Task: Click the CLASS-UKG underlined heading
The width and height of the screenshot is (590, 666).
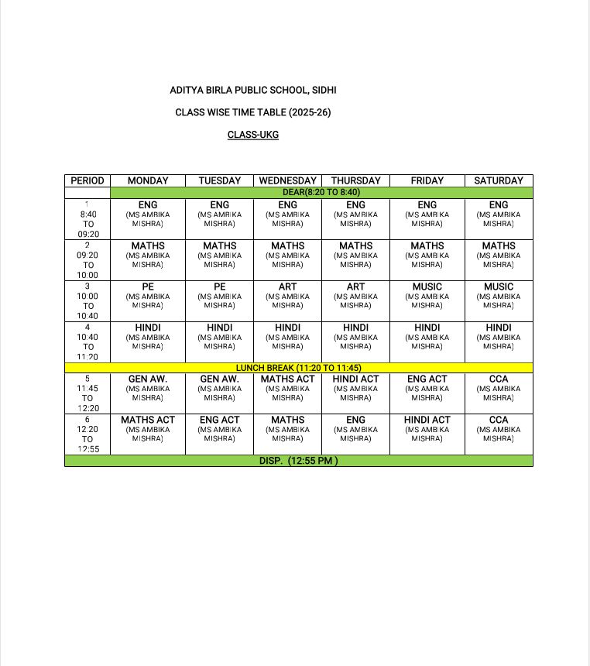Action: click(x=252, y=135)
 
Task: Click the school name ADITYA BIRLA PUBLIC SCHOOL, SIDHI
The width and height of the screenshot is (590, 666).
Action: click(x=252, y=91)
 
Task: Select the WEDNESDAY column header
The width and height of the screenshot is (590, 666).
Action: click(x=287, y=180)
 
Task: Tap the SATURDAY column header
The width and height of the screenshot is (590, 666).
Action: click(x=499, y=180)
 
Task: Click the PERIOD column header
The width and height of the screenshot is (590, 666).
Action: click(x=87, y=180)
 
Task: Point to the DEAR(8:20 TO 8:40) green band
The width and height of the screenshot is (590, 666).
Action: click(x=321, y=192)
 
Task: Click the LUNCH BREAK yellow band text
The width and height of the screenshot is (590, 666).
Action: click(x=299, y=368)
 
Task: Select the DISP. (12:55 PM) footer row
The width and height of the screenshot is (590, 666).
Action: click(x=299, y=461)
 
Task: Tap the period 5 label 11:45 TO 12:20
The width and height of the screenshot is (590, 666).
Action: click(x=87, y=393)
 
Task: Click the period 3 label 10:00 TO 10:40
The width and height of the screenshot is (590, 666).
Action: click(x=87, y=301)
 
